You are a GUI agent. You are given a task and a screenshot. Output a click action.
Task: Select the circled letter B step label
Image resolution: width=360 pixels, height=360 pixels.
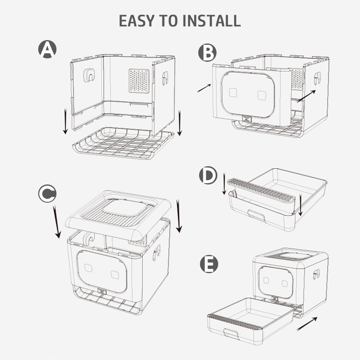(207, 53)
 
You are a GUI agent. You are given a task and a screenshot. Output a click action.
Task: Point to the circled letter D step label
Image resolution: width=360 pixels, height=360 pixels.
(208, 176)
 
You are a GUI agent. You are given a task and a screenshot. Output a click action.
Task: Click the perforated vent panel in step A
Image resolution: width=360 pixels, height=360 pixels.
(139, 81)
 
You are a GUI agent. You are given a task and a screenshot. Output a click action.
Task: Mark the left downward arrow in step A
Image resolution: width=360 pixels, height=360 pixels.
(65, 121)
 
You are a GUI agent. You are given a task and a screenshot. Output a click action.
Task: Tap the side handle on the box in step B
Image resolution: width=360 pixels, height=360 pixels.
(317, 78)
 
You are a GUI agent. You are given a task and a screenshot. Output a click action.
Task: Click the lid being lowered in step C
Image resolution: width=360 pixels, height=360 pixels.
(119, 212)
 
